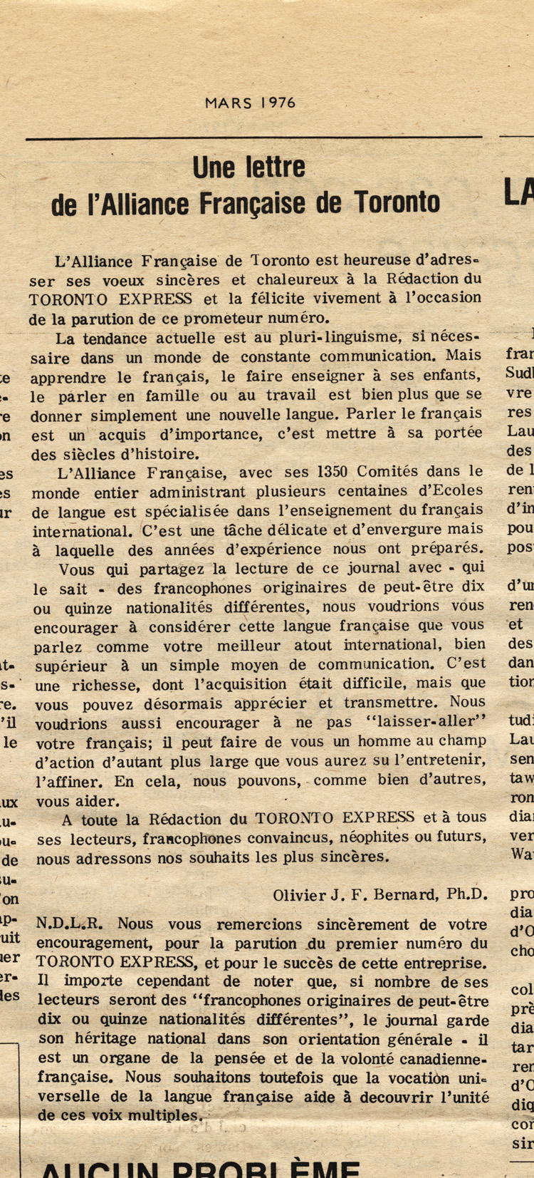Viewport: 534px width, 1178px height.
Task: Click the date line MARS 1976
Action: pyautogui.click(x=250, y=103)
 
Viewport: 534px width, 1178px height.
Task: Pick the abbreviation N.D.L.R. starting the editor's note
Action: pyautogui.click(x=69, y=924)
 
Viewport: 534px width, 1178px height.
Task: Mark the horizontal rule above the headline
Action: pyautogui.click(x=253, y=138)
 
